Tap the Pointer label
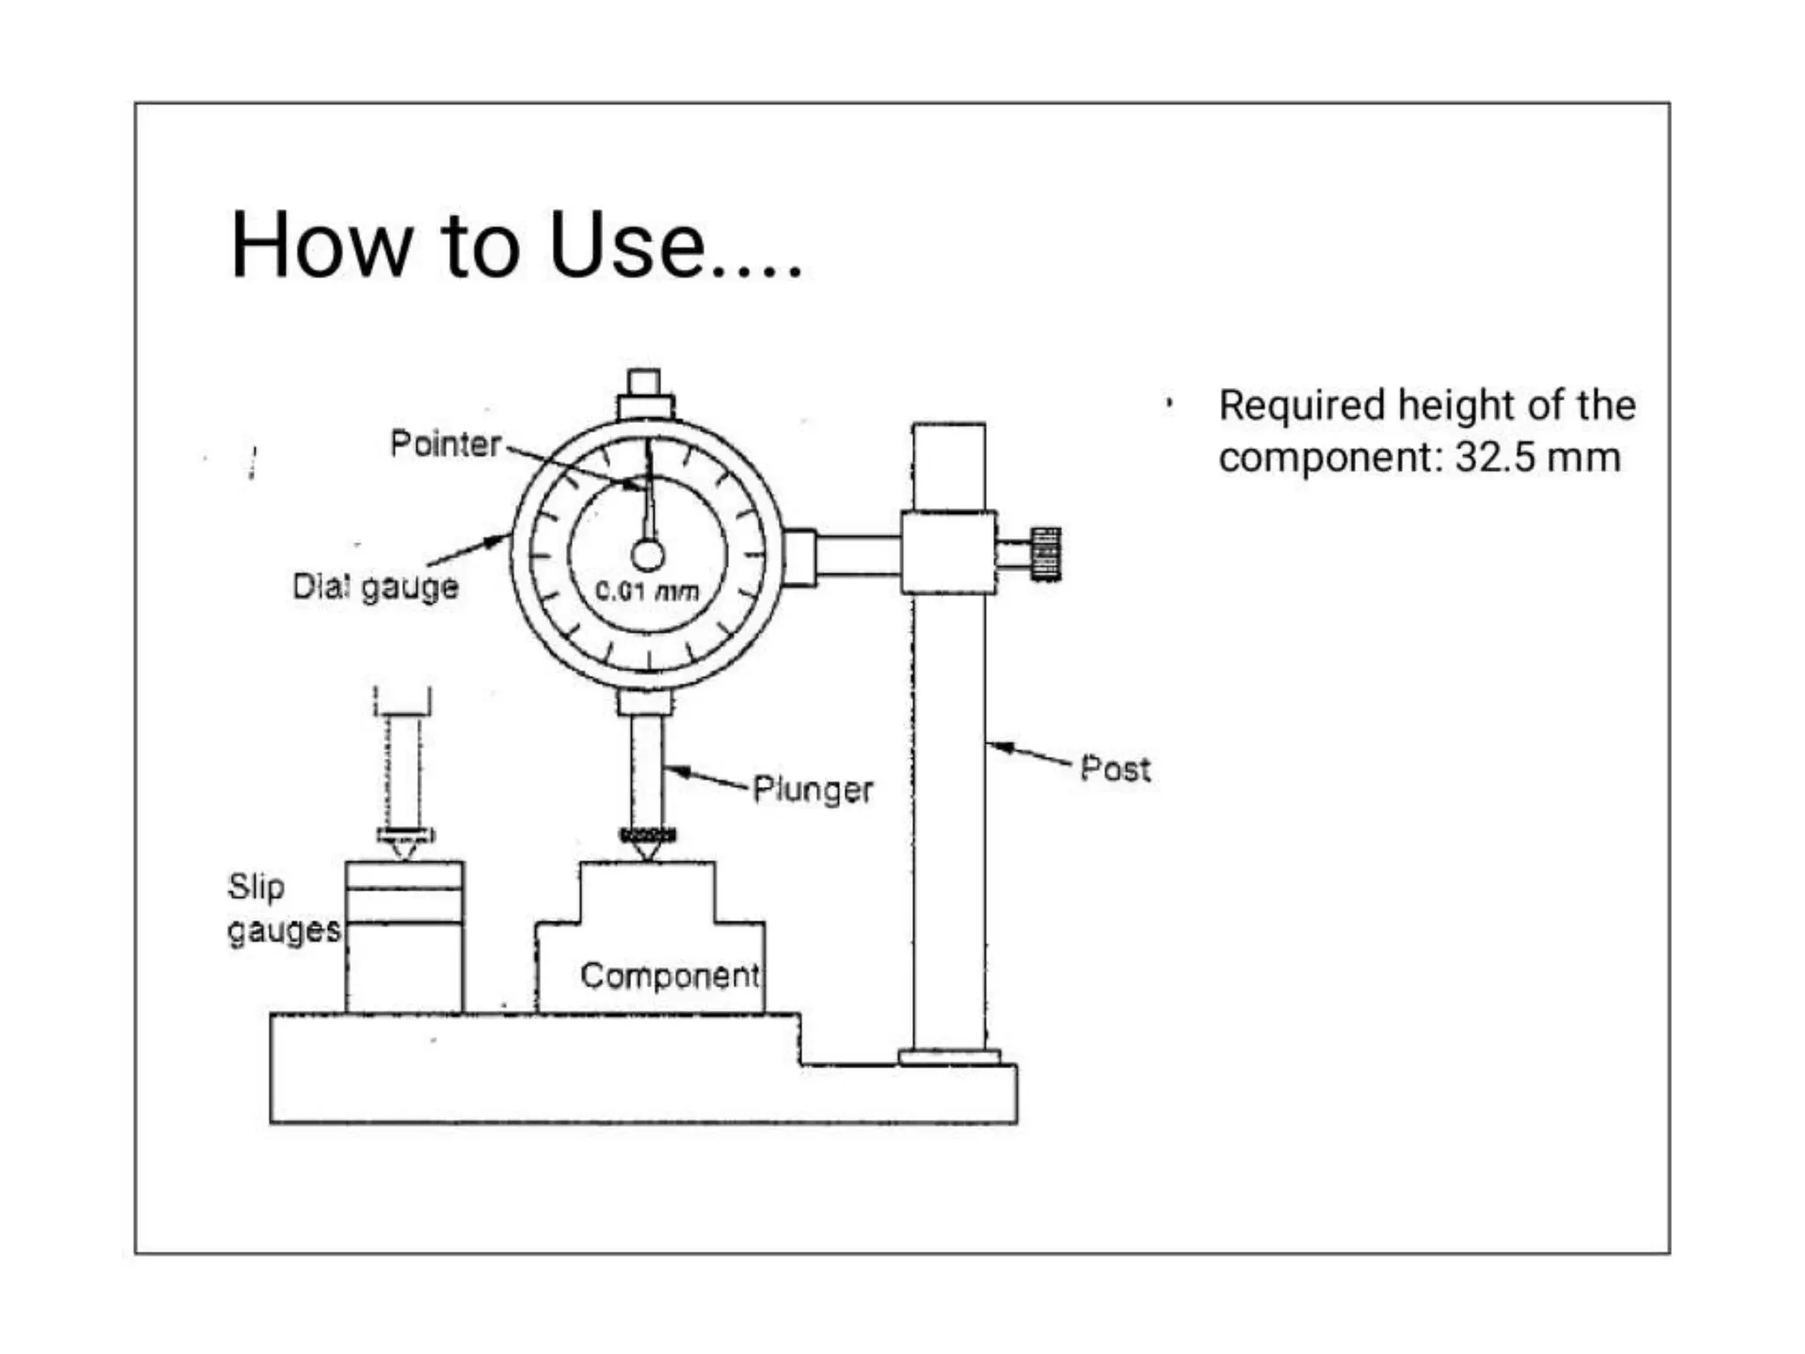tap(446, 443)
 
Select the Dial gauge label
tap(375, 587)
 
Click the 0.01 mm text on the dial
tap(647, 591)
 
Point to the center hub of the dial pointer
tap(648, 555)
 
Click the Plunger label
tap(813, 790)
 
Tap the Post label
tap(1115, 769)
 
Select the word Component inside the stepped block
tap(670, 976)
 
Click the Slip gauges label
tap(282, 908)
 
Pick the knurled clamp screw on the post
tap(1045, 554)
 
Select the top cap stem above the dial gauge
tap(644, 383)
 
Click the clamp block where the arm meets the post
tap(948, 553)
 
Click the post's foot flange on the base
tap(949, 1057)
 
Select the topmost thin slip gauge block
tap(405, 875)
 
